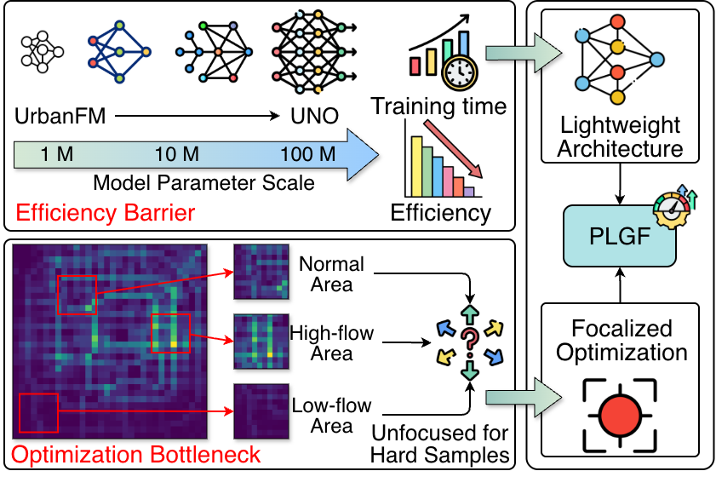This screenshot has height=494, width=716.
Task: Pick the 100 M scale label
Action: (x=309, y=155)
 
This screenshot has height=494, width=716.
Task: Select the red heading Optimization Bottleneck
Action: (x=137, y=456)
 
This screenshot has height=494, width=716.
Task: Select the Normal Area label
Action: (x=331, y=273)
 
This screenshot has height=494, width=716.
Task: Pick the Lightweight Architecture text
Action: (x=621, y=138)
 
